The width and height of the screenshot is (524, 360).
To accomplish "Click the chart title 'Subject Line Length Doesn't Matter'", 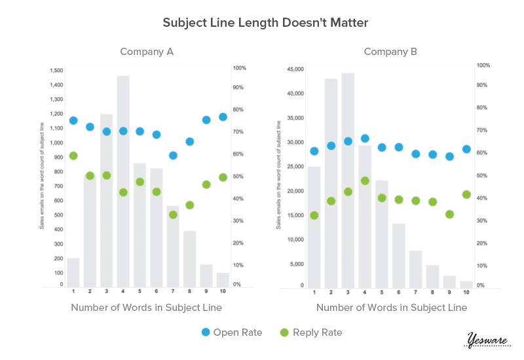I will point(266,23).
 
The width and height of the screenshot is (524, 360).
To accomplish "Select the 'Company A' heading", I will point(147,52).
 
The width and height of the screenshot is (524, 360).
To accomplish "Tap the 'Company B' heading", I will point(390,52).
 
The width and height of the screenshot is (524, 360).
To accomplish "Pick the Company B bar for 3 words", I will point(348,180).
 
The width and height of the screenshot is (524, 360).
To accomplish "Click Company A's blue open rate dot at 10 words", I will point(223,117).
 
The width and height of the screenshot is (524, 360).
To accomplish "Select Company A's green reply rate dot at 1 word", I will point(73,156).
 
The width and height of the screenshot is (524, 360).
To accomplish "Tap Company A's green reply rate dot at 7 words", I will point(173,215).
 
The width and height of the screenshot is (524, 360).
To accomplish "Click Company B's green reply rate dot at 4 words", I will point(365,181).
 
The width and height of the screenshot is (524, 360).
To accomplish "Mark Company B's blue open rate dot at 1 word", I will point(314,151).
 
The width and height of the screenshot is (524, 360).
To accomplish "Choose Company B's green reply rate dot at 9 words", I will point(449,214).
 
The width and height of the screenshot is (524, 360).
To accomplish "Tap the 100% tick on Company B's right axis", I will point(483,65).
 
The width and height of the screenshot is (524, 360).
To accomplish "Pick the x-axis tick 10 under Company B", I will point(466,292).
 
